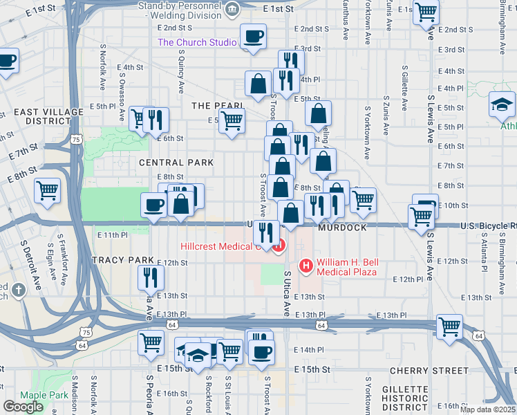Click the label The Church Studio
(197, 42)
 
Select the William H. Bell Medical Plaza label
(346, 267)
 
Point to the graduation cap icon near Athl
(502, 104)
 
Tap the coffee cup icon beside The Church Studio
(253, 36)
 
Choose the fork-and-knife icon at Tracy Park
(151, 277)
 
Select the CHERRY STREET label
(429, 371)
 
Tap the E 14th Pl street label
(308, 350)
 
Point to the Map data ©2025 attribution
(487, 409)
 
